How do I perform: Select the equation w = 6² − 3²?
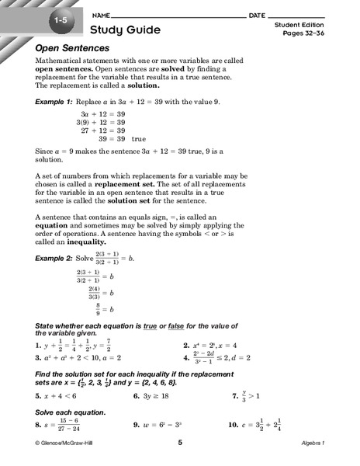[x=167, y=426]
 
